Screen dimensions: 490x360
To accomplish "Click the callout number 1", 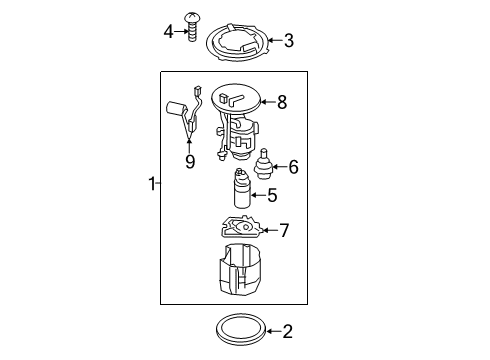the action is (x=152, y=184).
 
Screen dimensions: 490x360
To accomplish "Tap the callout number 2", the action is (x=287, y=332).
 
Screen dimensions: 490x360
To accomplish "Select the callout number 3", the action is (x=289, y=41).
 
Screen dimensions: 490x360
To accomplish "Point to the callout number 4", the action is (x=169, y=32).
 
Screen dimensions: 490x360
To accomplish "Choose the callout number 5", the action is (x=272, y=195).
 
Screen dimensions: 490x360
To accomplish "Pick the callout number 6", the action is (x=293, y=167).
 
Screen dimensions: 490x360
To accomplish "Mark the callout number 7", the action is (x=284, y=230).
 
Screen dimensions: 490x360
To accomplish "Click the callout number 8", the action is (x=282, y=102).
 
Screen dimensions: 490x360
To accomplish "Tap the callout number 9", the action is (x=190, y=162).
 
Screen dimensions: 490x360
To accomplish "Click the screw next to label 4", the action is (x=192, y=27).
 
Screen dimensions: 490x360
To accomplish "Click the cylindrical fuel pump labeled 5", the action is (x=242, y=188).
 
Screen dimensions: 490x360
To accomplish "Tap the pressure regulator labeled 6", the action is (x=264, y=164).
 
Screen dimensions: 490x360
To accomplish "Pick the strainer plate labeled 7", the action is (x=241, y=227).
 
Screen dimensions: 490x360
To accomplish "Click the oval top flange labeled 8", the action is (x=236, y=98).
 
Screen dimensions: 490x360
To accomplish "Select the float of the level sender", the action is (x=175, y=108).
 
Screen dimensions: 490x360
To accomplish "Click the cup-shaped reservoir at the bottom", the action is (x=239, y=270).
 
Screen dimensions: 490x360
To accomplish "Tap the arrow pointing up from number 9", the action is (x=190, y=147).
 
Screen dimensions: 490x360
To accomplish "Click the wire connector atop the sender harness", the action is (x=197, y=90).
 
